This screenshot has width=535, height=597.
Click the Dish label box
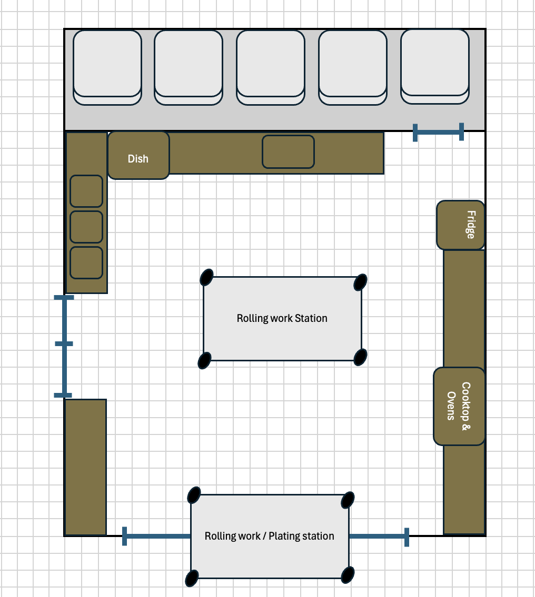[x=138, y=156]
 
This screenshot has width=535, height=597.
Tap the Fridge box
[x=461, y=225]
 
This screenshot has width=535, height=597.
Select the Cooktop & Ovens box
[x=459, y=407]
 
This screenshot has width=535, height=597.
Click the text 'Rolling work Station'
[x=282, y=318]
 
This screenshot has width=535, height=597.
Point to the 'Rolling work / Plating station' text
[x=270, y=536]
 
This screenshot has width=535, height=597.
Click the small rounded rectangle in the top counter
[x=289, y=152]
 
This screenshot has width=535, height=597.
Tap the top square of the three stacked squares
[x=86, y=191]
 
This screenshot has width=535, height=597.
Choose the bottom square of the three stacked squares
[x=86, y=262]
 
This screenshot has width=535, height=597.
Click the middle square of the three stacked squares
[x=86, y=227]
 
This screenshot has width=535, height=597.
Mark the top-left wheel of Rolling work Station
[x=207, y=277]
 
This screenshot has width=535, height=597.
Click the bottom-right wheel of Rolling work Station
[x=360, y=357]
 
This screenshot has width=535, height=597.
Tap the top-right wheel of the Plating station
[x=348, y=499]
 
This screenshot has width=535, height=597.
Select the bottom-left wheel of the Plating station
[x=193, y=578]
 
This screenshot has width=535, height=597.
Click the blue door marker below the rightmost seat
[x=439, y=132]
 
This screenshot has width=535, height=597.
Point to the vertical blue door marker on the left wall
[x=64, y=346]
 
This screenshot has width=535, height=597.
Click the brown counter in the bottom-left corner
[x=85, y=467]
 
